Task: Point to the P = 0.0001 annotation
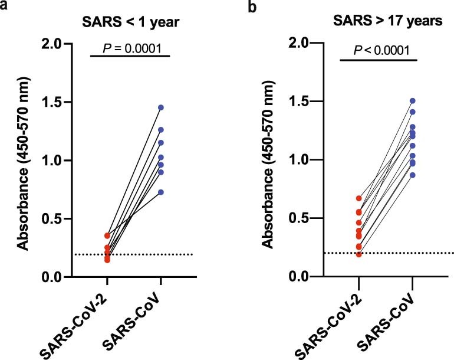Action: (130, 45)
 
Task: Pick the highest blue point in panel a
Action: (160, 107)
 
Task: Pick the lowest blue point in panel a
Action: (160, 192)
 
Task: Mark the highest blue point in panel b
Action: (413, 101)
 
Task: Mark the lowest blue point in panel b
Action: (413, 175)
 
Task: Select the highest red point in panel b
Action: (358, 198)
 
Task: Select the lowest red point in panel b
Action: (358, 254)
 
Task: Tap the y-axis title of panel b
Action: (268, 159)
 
